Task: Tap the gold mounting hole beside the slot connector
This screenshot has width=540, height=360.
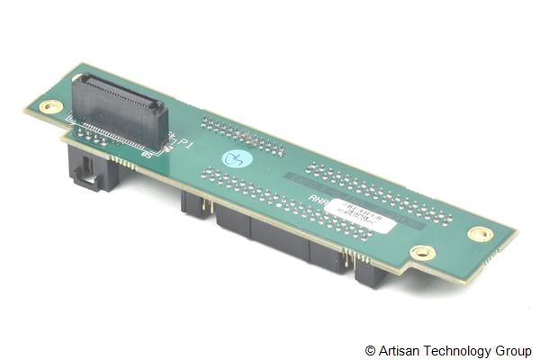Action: pyautogui.click(x=51, y=106)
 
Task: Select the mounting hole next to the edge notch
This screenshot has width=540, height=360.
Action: pyautogui.click(x=419, y=252)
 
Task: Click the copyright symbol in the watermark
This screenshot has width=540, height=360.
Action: pyautogui.click(x=370, y=350)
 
